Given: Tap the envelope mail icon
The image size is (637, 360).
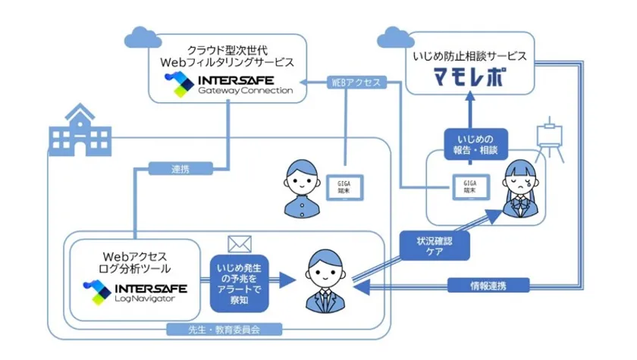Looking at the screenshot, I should (239, 244).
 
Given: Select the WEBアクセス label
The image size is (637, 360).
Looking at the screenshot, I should (354, 82).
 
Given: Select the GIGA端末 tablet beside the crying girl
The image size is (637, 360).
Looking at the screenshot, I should (471, 186).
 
